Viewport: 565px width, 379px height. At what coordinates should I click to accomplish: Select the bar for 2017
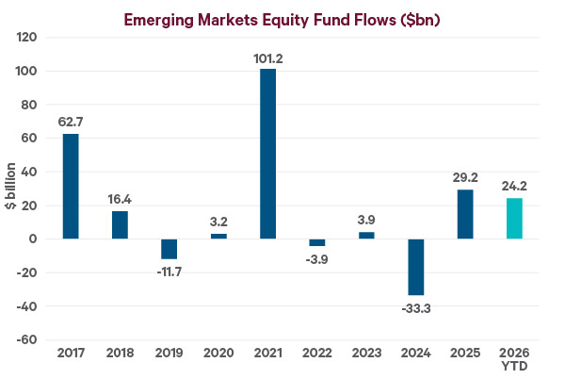tap(71, 186)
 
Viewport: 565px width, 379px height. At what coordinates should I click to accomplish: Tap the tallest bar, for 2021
tap(268, 154)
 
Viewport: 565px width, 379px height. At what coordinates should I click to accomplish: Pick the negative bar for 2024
tap(415, 267)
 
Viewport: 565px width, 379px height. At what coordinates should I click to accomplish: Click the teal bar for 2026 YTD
tap(513, 218)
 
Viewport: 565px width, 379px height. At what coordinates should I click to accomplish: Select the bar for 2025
tap(464, 214)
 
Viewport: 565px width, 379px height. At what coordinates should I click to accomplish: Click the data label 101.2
tap(268, 58)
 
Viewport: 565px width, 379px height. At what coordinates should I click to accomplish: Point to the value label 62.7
tap(71, 123)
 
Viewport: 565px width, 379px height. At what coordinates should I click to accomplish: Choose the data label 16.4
tap(120, 200)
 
